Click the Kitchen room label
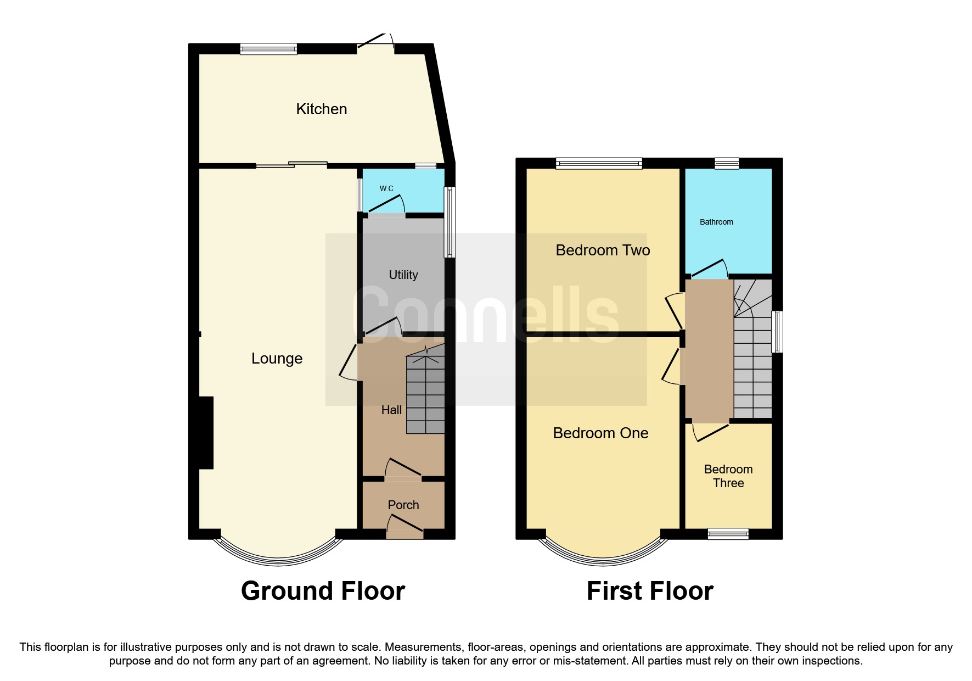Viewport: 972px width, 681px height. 322,109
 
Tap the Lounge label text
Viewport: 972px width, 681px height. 277,359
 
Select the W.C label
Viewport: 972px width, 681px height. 386,188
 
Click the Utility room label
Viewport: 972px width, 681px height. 403,275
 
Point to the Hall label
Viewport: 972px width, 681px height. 391,410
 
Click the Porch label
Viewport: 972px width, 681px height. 403,505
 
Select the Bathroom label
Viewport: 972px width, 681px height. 716,222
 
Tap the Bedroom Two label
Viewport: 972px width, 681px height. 603,250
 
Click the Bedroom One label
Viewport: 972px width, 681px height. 600,433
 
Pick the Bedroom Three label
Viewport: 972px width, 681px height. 728,476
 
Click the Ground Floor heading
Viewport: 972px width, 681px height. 323,591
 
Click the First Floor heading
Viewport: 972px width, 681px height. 650,591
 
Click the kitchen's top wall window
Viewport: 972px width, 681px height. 268,49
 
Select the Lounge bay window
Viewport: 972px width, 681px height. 278,557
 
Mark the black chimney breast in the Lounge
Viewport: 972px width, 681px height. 205,433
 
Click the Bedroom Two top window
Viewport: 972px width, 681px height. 599,163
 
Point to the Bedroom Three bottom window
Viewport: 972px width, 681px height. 728,533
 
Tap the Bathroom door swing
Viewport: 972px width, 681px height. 710,268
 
